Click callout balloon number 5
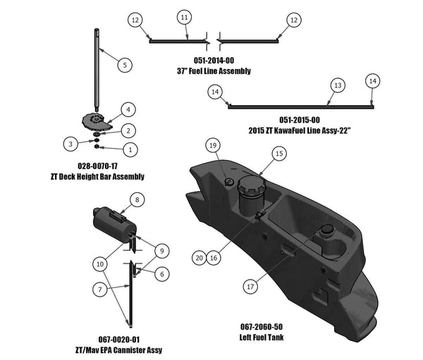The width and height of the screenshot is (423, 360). tap(124, 65)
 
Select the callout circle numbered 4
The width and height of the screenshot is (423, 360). tap(128, 109)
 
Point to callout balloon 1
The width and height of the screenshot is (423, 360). tap(128, 149)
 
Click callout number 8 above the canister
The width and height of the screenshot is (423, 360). tap(138, 200)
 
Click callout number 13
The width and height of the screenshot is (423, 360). tap(338, 85)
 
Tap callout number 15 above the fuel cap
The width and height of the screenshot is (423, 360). tap(278, 153)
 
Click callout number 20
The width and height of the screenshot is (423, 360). tap(199, 259)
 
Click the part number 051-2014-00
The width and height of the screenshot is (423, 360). tap(213, 61)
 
